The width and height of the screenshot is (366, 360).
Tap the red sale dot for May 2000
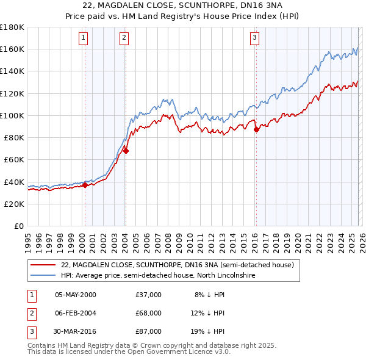coord(85,185)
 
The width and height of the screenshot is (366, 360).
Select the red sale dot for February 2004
coord(126,151)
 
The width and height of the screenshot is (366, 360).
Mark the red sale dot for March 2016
coord(256,129)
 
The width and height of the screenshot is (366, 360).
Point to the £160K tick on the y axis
coord(12,49)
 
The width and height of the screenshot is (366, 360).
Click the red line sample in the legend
coord(43,265)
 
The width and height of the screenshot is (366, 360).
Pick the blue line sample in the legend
coord(43,276)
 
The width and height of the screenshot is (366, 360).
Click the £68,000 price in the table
coord(149,313)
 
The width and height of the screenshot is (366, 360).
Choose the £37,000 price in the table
coord(149,295)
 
